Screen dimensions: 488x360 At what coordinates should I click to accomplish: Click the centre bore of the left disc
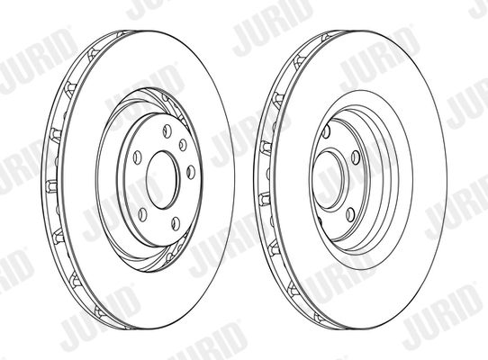coord(163,180)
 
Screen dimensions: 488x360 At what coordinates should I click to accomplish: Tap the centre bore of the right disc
coord(330,180)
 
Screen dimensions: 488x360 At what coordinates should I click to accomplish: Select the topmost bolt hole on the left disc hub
coord(167,130)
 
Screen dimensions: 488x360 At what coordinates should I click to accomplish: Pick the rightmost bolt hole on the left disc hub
coord(191,173)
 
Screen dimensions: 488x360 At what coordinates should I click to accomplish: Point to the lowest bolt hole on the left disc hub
coord(176,224)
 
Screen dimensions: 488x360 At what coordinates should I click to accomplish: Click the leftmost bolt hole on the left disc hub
coord(137,157)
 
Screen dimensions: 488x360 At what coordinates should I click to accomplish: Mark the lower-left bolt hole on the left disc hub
coord(142,215)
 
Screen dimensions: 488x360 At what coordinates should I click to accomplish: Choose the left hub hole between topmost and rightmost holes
coord(183,145)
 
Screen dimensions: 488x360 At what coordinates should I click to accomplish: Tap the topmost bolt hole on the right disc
coord(326,131)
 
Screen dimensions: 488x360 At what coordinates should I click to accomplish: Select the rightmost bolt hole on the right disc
coord(356,157)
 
